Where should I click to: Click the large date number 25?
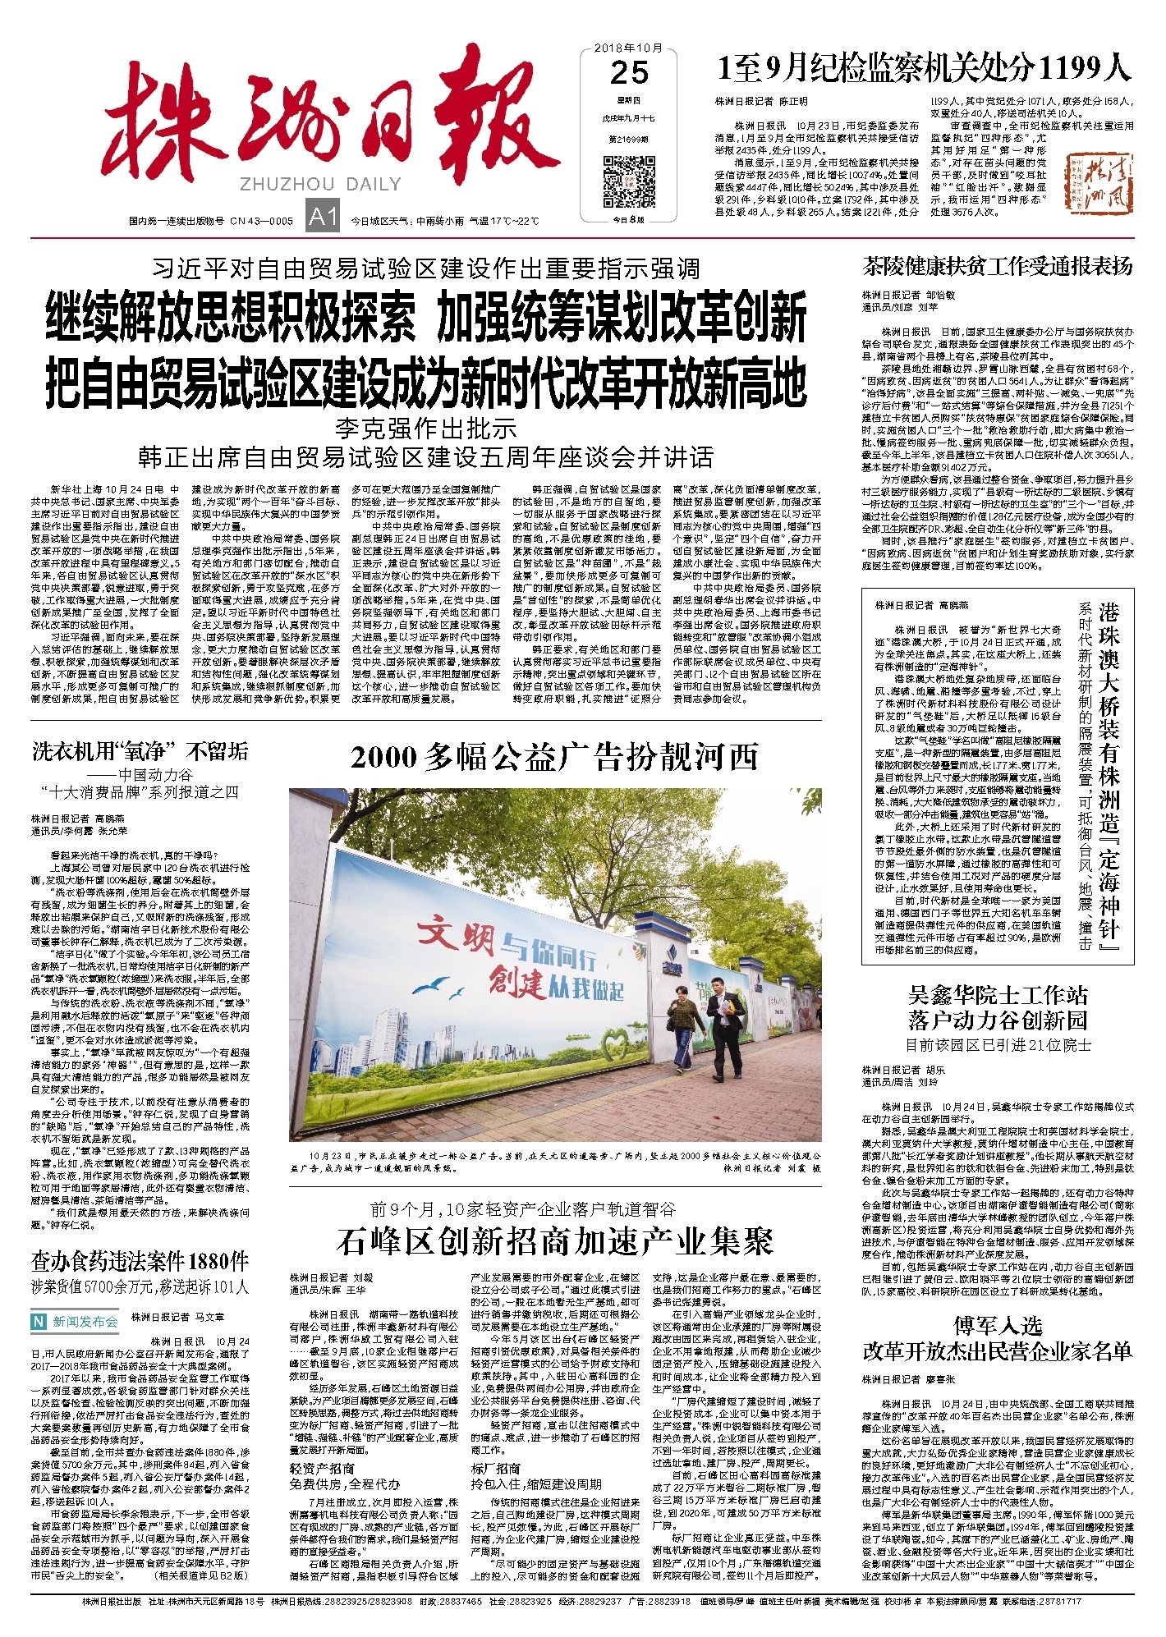pyautogui.click(x=629, y=73)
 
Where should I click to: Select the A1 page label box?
pyautogui.click(x=323, y=216)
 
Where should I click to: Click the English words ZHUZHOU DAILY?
pyautogui.click(x=320, y=184)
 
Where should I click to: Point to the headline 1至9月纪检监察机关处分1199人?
pyautogui.click(x=924, y=68)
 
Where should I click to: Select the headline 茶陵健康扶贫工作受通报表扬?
pyautogui.click(x=996, y=266)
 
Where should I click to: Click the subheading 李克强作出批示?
pyautogui.click(x=425, y=428)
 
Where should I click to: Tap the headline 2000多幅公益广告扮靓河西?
pyautogui.click(x=554, y=757)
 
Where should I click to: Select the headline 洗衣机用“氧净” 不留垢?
pyautogui.click(x=140, y=750)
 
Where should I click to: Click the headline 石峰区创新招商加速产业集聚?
pyautogui.click(x=554, y=1241)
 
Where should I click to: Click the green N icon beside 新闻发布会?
pyautogui.click(x=38, y=1322)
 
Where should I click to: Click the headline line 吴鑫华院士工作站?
pyautogui.click(x=997, y=996)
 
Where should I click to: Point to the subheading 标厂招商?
pyautogui.click(x=496, y=1468)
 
